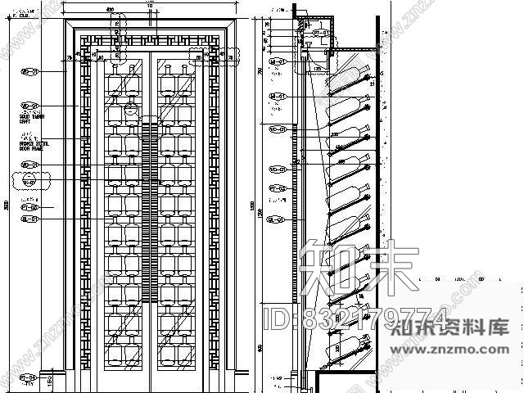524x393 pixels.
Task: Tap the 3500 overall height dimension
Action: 7,205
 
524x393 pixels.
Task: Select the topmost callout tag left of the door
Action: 30,72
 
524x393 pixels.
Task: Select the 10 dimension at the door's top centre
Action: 148,5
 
